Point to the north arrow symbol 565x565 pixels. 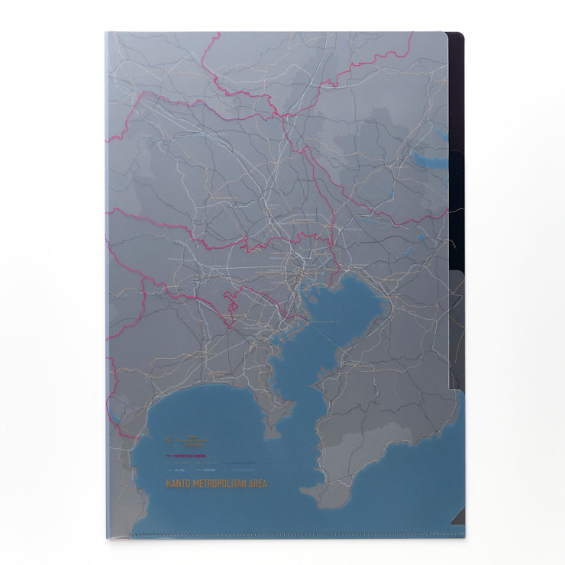(x=166, y=439)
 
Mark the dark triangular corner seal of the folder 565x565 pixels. (x=457, y=518)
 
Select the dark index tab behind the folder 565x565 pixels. (x=456, y=92)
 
